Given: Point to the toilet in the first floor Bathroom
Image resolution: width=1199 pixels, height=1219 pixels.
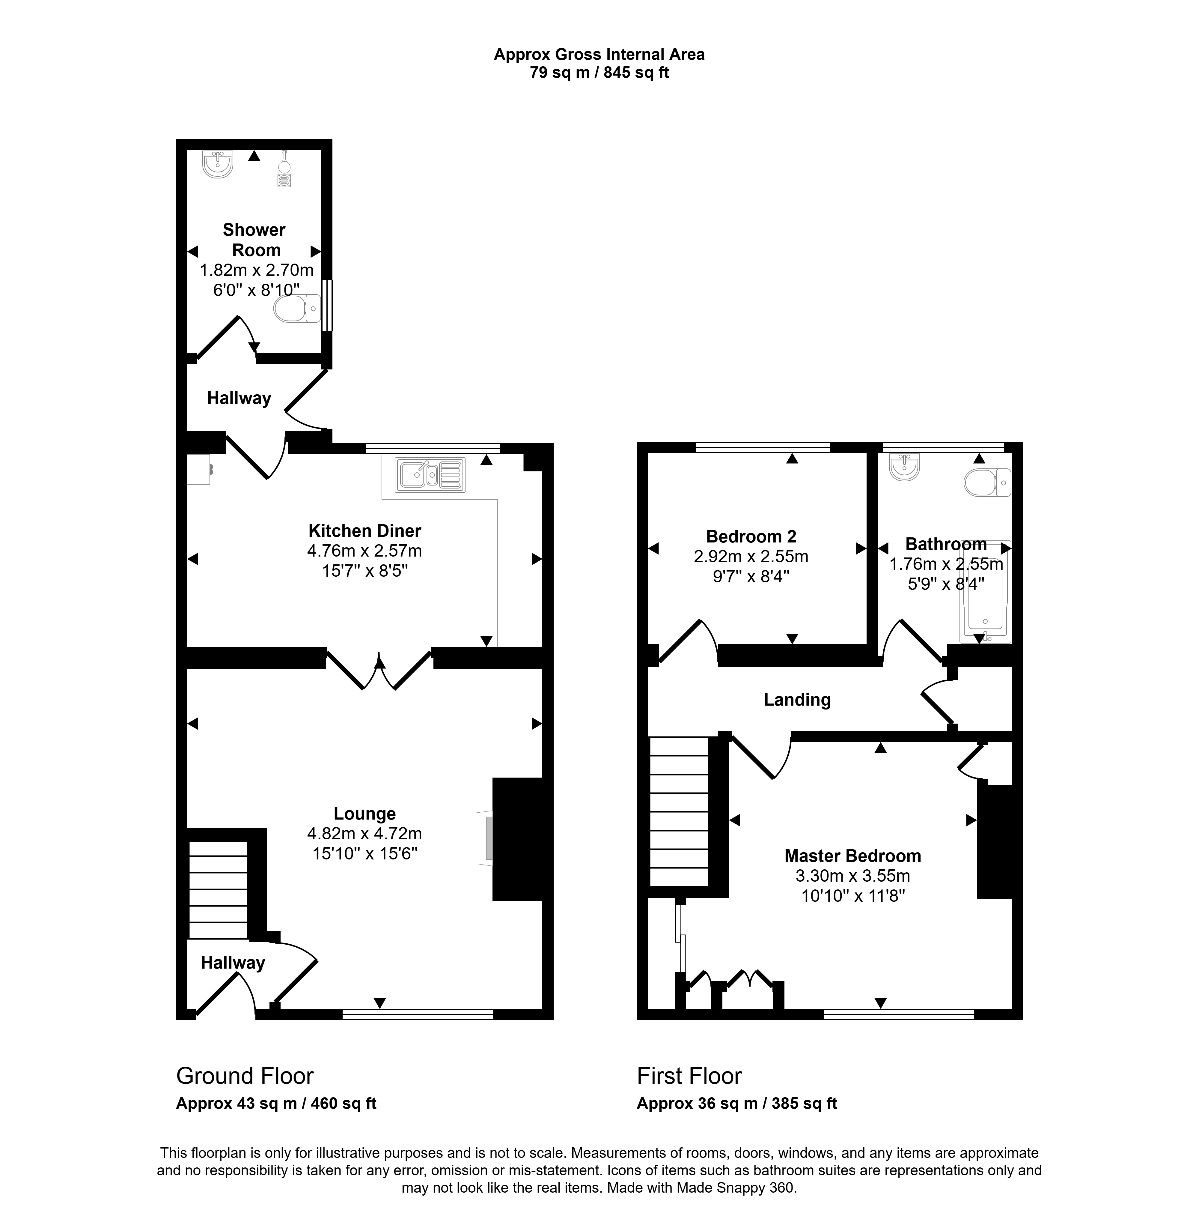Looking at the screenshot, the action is coord(987,483).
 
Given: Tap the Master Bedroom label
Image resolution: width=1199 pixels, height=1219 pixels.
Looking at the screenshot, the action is coord(853,856).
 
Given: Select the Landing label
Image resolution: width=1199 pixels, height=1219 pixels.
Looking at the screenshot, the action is coord(797,700).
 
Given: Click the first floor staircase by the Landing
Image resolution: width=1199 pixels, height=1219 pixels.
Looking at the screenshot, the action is coord(680,811).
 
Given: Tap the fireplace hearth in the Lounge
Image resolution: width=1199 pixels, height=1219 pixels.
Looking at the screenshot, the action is coord(484,838).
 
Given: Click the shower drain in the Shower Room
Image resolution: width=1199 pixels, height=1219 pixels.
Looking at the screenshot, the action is coord(285,180).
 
